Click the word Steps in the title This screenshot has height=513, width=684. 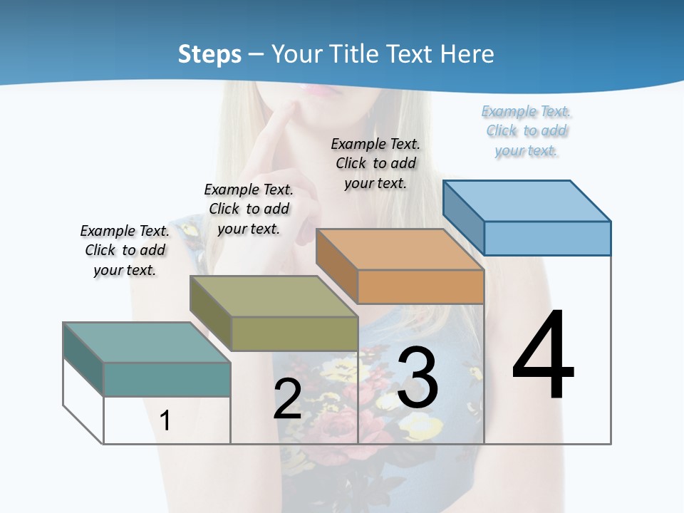[x=209, y=54]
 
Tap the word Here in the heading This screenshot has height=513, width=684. [x=467, y=54]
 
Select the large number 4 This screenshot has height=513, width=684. [x=543, y=356]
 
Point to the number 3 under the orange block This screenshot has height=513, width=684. [x=418, y=378]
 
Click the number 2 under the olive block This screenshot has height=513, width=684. [x=287, y=399]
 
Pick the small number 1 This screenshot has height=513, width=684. [x=165, y=420]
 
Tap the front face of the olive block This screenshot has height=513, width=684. [x=294, y=333]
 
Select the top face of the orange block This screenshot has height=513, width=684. [x=399, y=249]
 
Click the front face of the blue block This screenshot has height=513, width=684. [x=547, y=238]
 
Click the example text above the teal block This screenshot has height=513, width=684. [x=125, y=250]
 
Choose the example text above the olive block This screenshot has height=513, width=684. [x=249, y=209]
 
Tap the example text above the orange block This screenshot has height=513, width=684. [x=375, y=163]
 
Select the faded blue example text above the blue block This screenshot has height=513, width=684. [x=527, y=130]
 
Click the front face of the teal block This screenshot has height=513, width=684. [x=167, y=379]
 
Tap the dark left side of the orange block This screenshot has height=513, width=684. [x=336, y=266]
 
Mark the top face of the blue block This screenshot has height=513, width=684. [x=526, y=200]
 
